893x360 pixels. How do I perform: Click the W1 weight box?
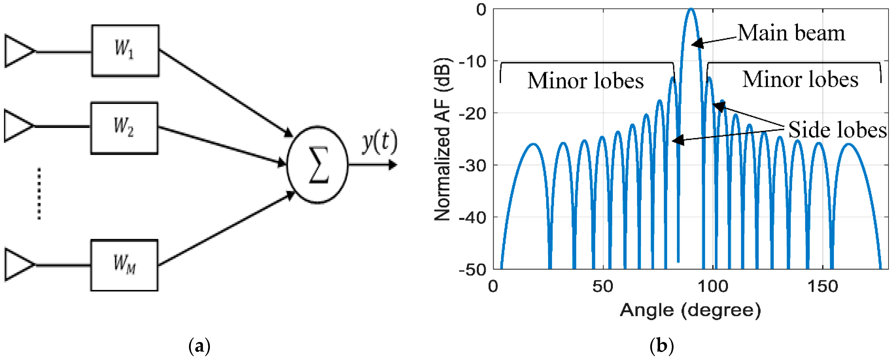pos(125,51)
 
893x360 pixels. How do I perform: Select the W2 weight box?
pos(124,128)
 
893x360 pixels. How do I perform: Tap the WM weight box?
pos(124,265)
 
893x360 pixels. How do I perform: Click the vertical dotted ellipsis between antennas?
pos(39,193)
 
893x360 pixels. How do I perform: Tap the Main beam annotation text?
pos(791,33)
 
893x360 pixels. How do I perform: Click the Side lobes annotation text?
pos(837,130)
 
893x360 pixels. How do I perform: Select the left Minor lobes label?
pos(585,81)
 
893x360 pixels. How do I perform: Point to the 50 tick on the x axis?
pos(603,287)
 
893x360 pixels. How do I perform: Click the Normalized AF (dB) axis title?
pos(442,139)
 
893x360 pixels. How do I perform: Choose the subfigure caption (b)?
pos(662,346)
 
